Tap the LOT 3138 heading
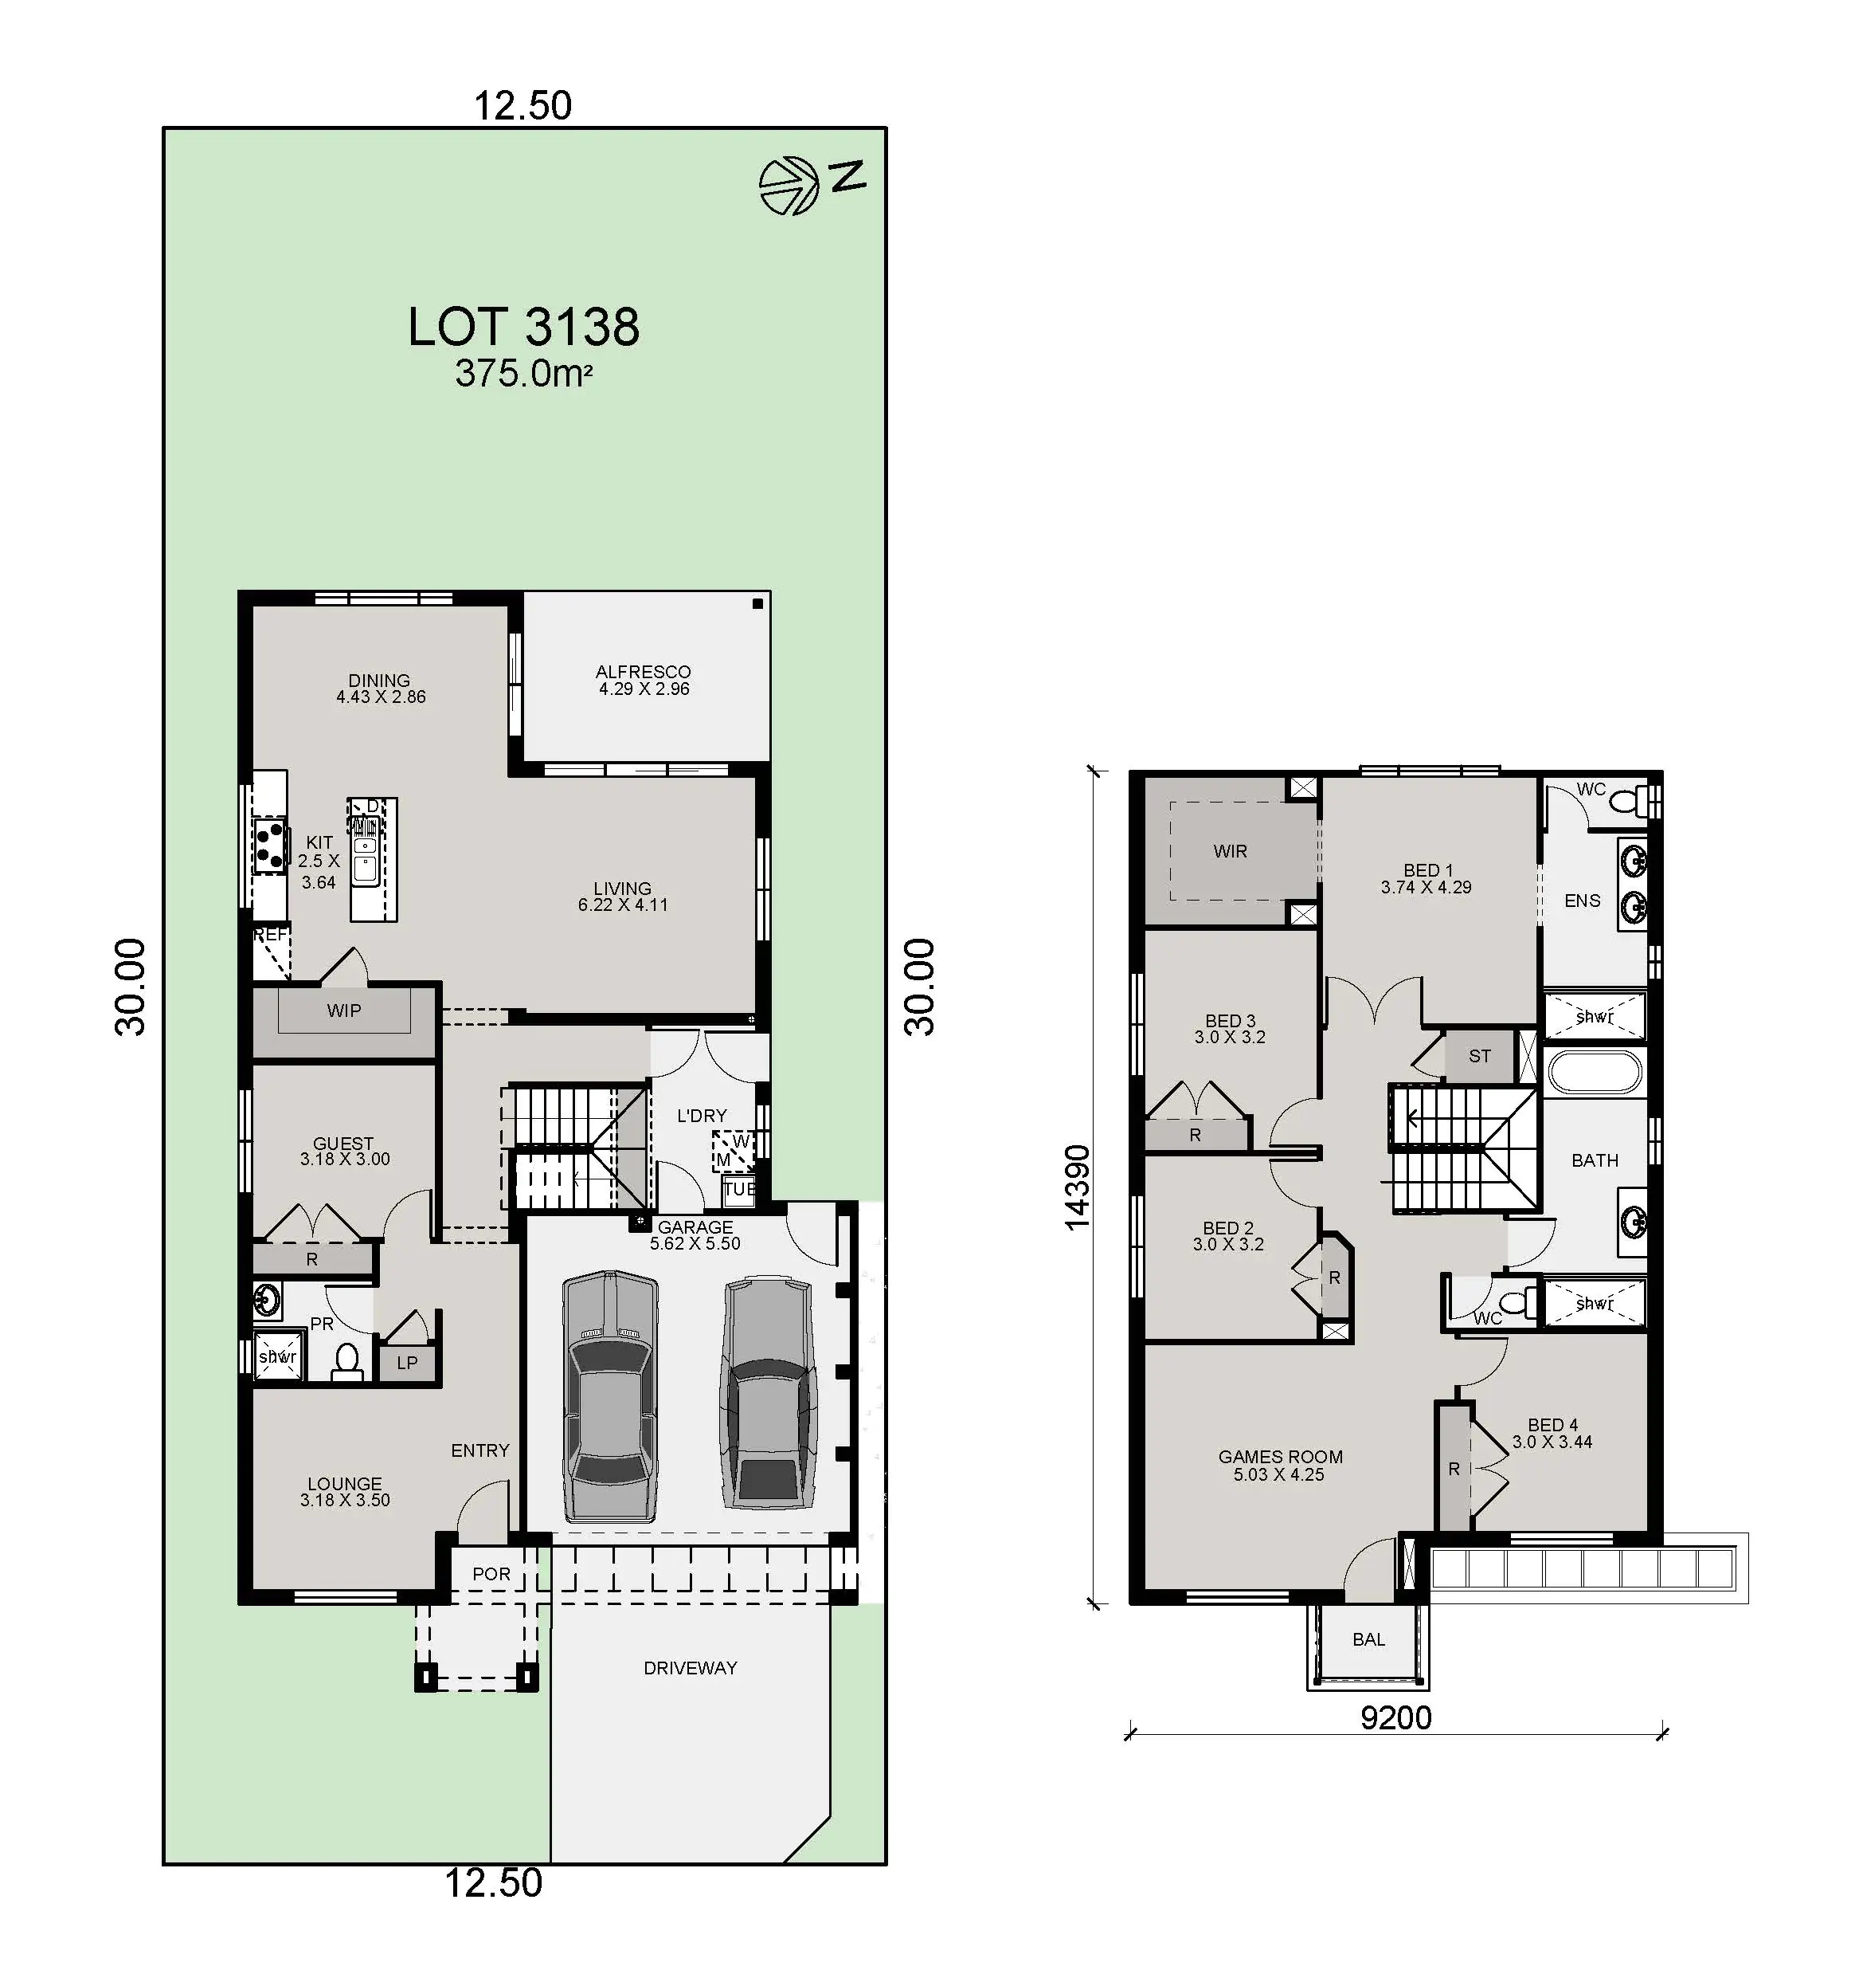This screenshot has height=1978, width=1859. pyautogui.click(x=523, y=327)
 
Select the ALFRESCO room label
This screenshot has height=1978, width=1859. pyautogui.click(x=644, y=672)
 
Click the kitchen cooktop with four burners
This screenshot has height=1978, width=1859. pyautogui.click(x=268, y=846)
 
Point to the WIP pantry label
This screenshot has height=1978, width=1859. pyautogui.click(x=344, y=1011)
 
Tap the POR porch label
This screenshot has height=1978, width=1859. pyautogui.click(x=491, y=1574)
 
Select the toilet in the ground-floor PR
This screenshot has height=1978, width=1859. pyautogui.click(x=347, y=1362)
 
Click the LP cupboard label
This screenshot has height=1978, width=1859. pyautogui.click(x=407, y=1362)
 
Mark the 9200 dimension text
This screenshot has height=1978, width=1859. pyautogui.click(x=1395, y=1717)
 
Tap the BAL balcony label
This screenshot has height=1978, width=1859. pyautogui.click(x=1368, y=1639)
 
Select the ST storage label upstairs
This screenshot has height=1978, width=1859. pyautogui.click(x=1480, y=1056)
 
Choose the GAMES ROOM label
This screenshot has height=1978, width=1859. pyautogui.click(x=1280, y=1457)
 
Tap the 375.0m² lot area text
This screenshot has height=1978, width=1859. pyautogui.click(x=524, y=374)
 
